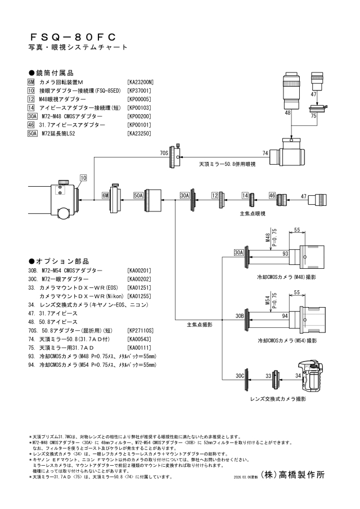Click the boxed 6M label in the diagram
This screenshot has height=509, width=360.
click(105, 195)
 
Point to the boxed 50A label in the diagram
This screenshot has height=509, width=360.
click(139, 195)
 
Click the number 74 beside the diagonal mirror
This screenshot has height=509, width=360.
click(265, 153)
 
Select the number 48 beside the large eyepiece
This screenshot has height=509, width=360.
click(287, 113)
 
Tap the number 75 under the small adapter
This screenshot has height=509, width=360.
click(313, 116)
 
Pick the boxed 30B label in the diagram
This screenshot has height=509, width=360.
click(238, 316)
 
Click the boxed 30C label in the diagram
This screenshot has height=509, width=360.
click(239, 375)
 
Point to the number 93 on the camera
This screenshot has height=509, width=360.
click(285, 254)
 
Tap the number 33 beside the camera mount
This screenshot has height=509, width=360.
click(269, 375)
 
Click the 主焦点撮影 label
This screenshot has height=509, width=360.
click(200, 325)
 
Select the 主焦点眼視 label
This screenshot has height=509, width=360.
click(253, 214)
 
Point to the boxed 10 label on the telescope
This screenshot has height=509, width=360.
click(83, 178)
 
